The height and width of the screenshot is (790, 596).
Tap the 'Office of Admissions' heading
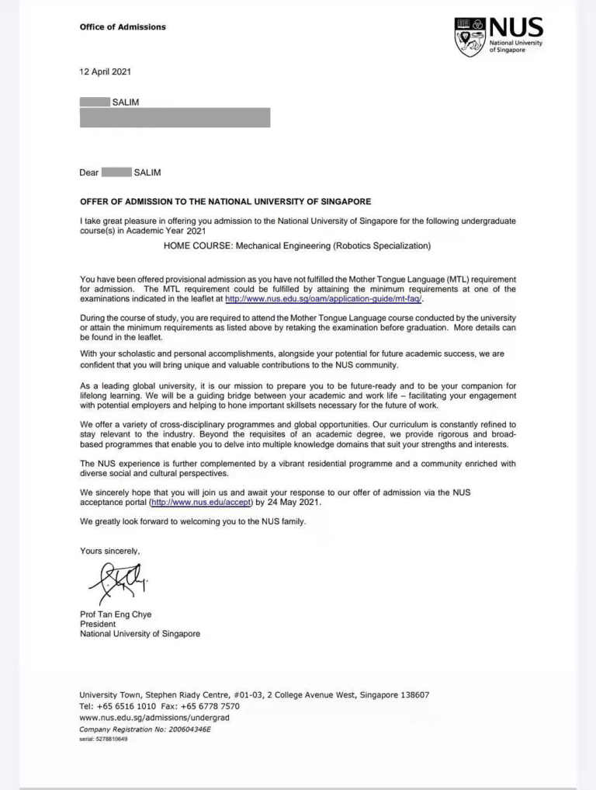(x=123, y=27)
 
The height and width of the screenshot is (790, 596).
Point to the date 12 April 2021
(x=106, y=72)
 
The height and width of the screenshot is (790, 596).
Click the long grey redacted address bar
(x=175, y=117)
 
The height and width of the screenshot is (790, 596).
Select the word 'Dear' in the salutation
(x=89, y=172)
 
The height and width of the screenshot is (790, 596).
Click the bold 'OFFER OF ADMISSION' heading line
(x=225, y=202)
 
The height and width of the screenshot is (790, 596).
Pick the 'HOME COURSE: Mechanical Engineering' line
(x=296, y=246)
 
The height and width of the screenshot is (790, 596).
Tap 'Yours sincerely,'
(x=110, y=551)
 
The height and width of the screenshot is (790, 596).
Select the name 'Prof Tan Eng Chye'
(x=116, y=614)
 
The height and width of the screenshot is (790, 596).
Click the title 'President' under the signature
(x=98, y=624)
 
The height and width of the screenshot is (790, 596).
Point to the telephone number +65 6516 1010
(x=129, y=707)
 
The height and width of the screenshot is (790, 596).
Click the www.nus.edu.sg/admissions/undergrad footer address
(x=154, y=719)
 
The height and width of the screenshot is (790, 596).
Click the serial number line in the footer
(x=103, y=739)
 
